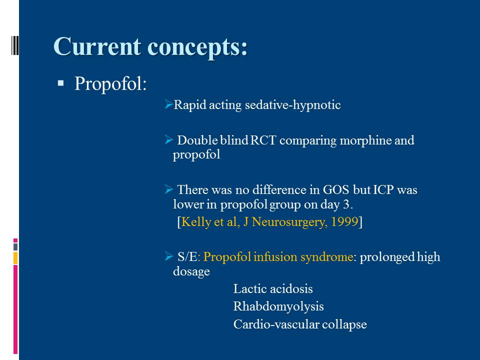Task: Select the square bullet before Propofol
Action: click(60, 83)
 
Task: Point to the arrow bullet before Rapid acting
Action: click(168, 104)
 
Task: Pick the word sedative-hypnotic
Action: click(292, 105)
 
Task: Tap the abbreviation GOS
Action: click(336, 190)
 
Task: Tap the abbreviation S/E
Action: click(187, 257)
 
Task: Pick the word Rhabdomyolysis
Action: click(278, 306)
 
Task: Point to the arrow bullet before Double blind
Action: click(168, 140)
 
